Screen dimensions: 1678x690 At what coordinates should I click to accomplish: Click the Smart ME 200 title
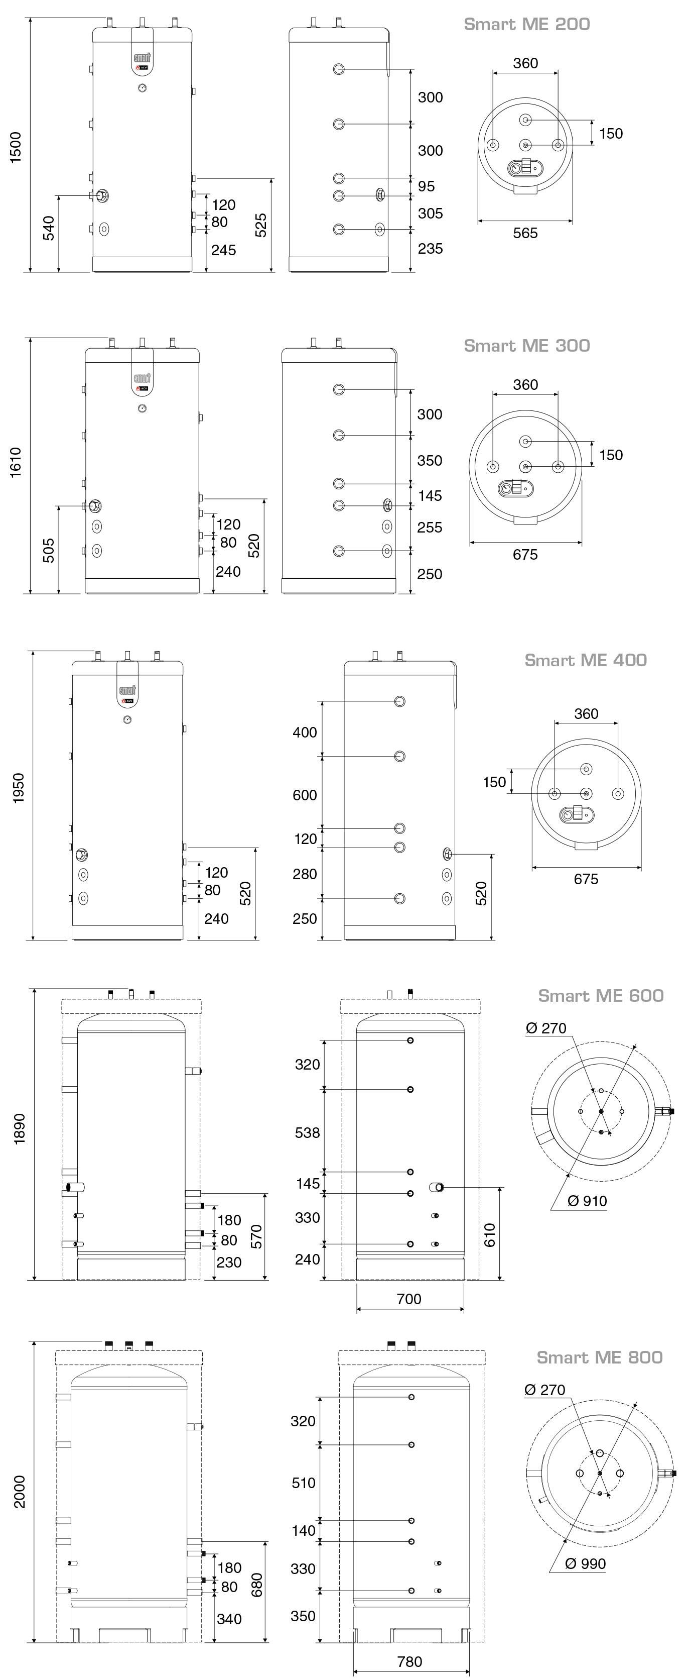click(x=526, y=24)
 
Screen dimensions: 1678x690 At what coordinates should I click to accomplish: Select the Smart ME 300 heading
click(x=526, y=345)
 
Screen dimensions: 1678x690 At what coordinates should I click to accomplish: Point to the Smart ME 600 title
click(x=600, y=995)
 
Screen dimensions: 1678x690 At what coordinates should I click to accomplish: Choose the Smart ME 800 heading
click(x=599, y=1357)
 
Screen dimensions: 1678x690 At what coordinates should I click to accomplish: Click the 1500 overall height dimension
click(x=16, y=147)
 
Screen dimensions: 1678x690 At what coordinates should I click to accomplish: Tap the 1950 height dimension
click(x=18, y=788)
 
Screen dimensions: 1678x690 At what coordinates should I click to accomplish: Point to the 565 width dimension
click(x=525, y=233)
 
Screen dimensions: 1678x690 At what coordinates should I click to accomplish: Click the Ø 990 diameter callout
click(x=585, y=1563)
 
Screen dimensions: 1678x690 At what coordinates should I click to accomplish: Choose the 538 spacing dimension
click(x=307, y=1133)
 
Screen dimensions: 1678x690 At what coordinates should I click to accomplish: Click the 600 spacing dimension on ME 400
click(x=305, y=795)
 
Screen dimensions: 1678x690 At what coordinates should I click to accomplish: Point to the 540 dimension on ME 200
click(x=49, y=228)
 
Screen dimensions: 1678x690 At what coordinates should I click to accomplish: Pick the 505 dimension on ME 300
click(x=49, y=551)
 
